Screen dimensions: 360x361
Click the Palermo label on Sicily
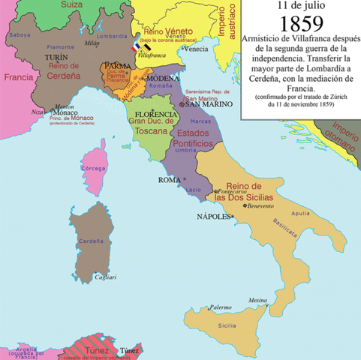[220, 307]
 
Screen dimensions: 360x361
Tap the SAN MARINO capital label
[196, 104]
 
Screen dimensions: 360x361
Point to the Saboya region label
[21, 34]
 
